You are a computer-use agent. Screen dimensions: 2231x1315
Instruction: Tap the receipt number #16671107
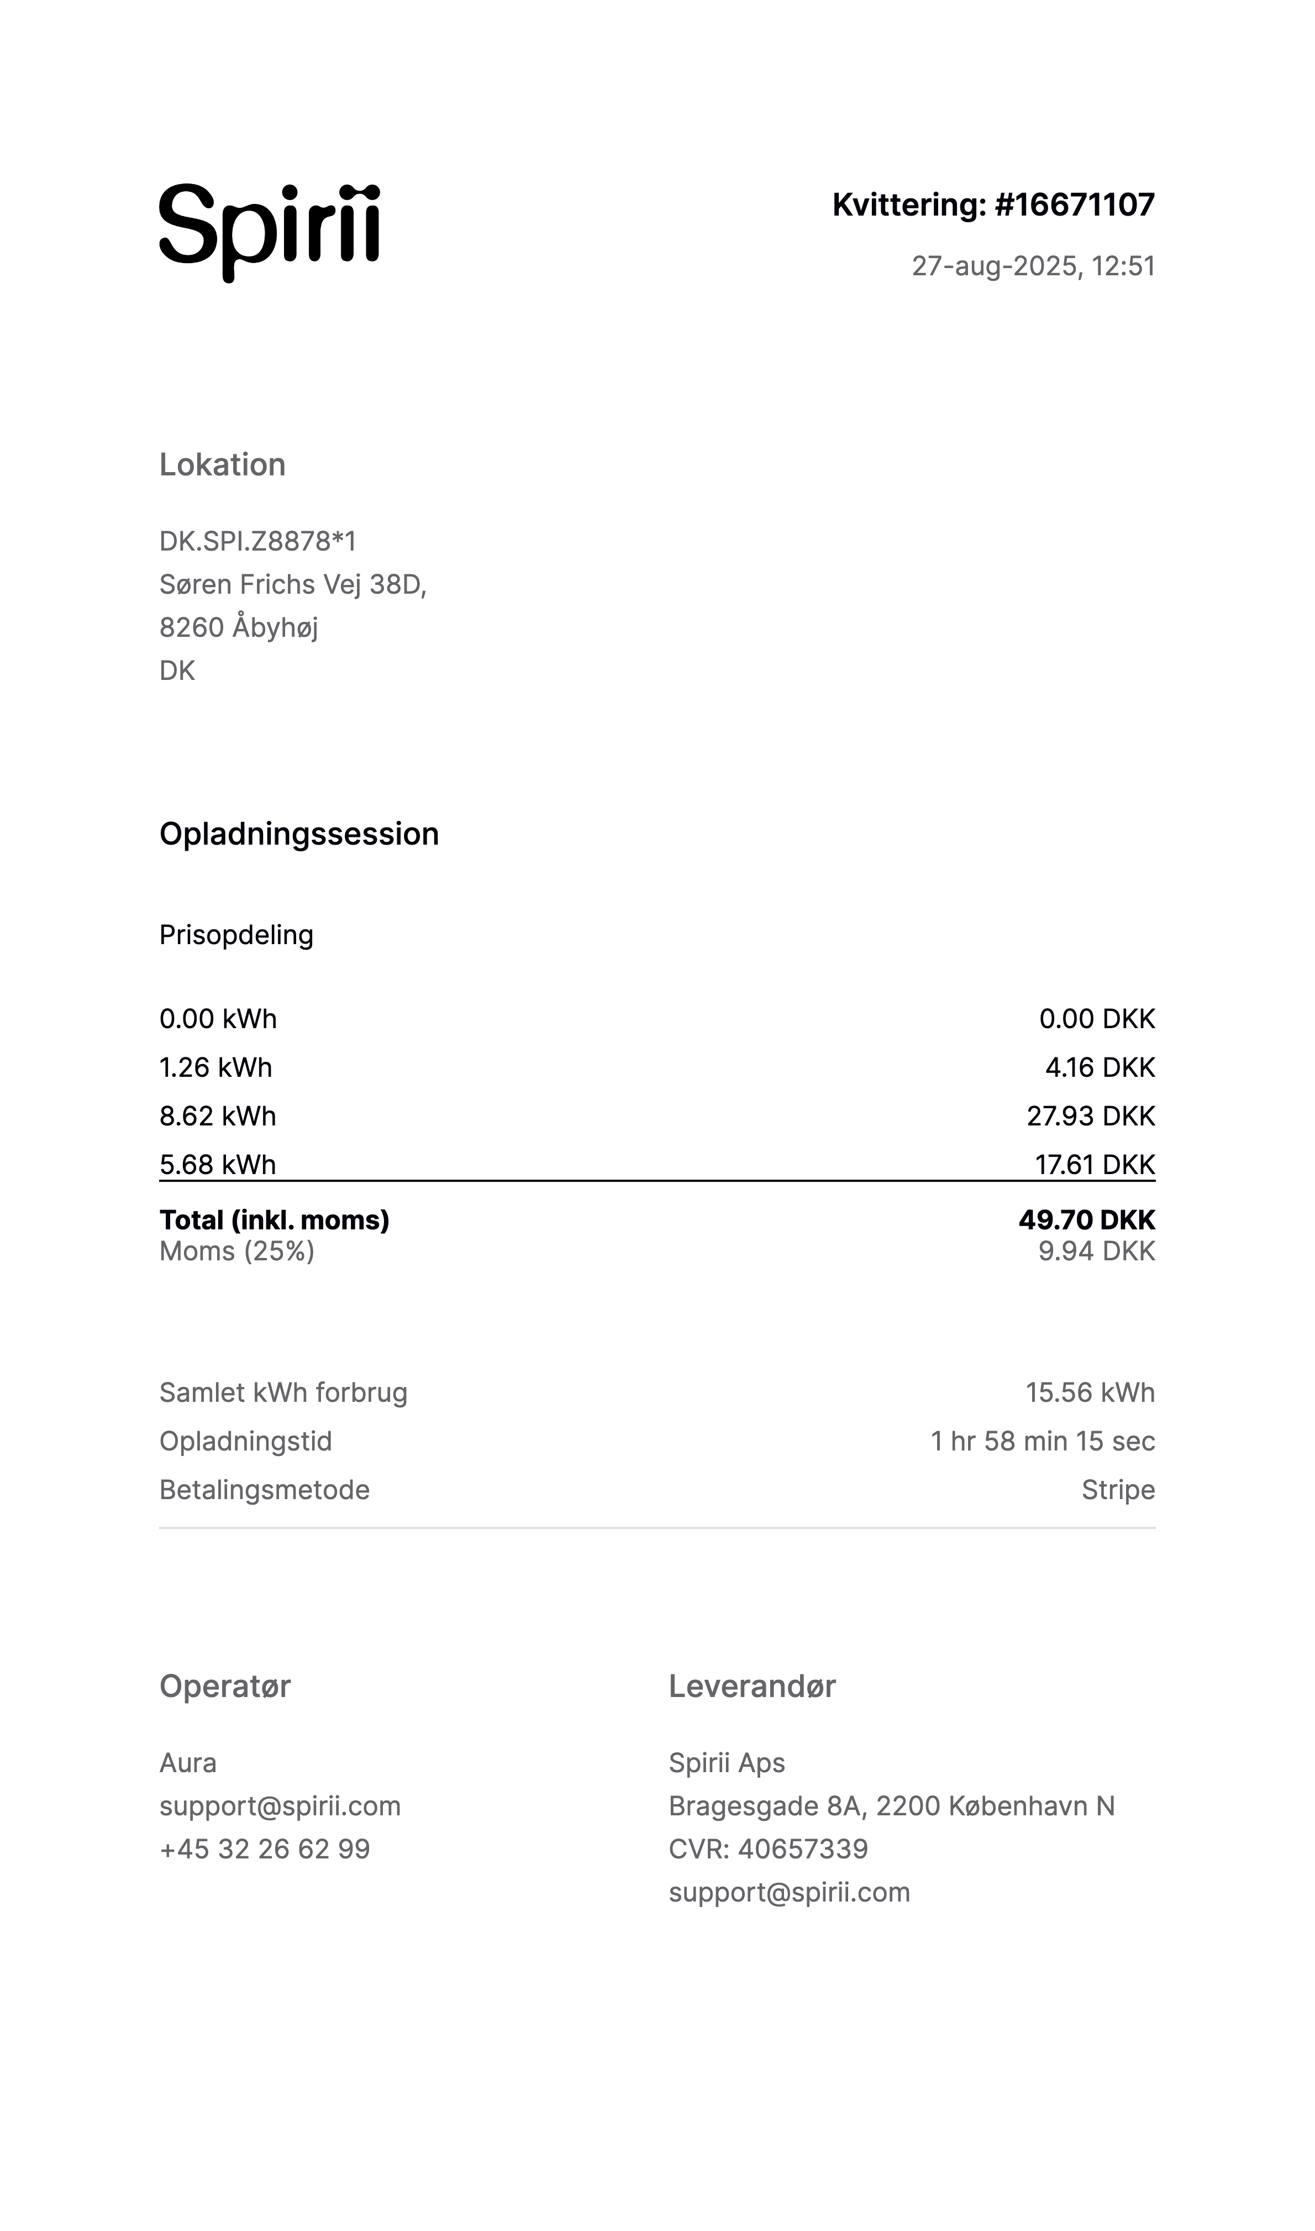pyautogui.click(x=1074, y=205)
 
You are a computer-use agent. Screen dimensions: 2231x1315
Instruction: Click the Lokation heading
pyautogui.click(x=223, y=464)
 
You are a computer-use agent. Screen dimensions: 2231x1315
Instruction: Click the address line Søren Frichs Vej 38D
pyautogui.click(x=292, y=584)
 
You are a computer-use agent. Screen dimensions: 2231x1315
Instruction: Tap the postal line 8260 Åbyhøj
pyautogui.click(x=238, y=627)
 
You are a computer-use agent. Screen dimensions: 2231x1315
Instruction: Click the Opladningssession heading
pyautogui.click(x=298, y=834)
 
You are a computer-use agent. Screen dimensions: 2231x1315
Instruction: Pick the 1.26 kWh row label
pyautogui.click(x=215, y=1067)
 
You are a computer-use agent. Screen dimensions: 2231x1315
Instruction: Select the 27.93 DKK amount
pyautogui.click(x=1090, y=1116)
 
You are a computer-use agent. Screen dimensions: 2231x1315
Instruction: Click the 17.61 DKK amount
pyautogui.click(x=1095, y=1164)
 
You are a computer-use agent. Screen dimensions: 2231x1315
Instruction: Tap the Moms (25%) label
pyautogui.click(x=236, y=1251)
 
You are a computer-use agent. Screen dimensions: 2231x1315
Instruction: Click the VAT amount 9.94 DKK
pyautogui.click(x=1096, y=1251)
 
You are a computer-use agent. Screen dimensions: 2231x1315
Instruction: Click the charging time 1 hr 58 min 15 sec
pyautogui.click(x=1042, y=1441)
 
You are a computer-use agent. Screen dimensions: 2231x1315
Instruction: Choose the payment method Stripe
pyautogui.click(x=1117, y=1490)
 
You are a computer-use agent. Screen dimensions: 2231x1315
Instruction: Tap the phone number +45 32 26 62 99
pyautogui.click(x=264, y=1849)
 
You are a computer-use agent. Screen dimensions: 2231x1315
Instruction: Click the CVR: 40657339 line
pyautogui.click(x=767, y=1849)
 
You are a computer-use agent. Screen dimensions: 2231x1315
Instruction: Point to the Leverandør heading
pyautogui.click(x=751, y=1686)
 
